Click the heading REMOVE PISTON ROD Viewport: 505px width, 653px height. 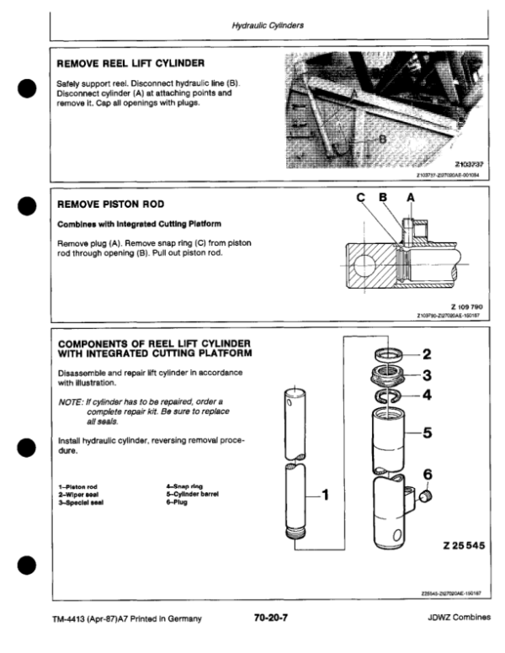click(109, 204)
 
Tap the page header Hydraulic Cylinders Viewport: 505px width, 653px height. click(268, 25)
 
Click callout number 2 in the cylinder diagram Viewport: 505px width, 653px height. click(426, 353)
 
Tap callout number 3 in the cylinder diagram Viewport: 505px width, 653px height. click(426, 375)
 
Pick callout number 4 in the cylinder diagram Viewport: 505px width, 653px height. click(426, 394)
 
